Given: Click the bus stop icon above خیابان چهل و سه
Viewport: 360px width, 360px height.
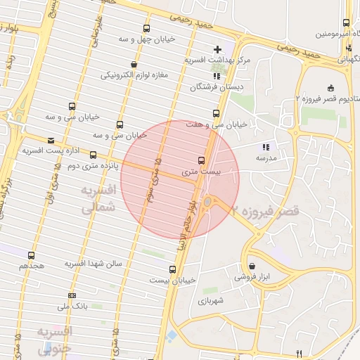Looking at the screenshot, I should pyautogui.click(x=146, y=28).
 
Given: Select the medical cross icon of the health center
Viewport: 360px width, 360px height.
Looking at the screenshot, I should pyautogui.click(x=217, y=49).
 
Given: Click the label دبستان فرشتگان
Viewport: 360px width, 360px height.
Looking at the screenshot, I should pyautogui.click(x=217, y=87).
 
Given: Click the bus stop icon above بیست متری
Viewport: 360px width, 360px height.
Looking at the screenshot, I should pyautogui.click(x=202, y=160).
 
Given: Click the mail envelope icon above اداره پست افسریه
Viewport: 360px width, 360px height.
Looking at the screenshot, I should pyautogui.click(x=50, y=140).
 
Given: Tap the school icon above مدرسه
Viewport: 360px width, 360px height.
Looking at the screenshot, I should pyautogui.click(x=265, y=147).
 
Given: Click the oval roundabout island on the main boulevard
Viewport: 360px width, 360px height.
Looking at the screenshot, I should pyautogui.click(x=207, y=203).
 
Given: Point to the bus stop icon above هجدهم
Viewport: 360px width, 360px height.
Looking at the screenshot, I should pyautogui.click(x=31, y=255).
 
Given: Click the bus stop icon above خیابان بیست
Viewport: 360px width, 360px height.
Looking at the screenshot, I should pyautogui.click(x=172, y=269).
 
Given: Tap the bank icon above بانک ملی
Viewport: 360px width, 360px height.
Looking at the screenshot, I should pyautogui.click(x=72, y=295).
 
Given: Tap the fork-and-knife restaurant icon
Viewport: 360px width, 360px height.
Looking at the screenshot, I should pyautogui.click(x=299, y=353).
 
